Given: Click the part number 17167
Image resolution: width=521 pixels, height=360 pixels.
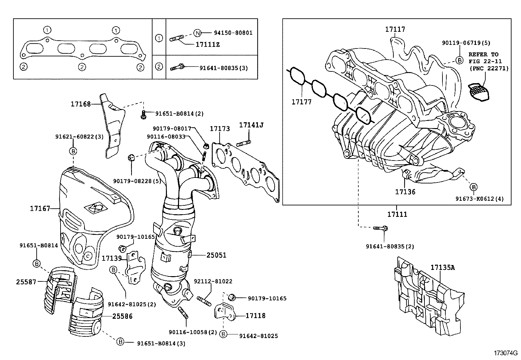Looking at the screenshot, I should [40, 208].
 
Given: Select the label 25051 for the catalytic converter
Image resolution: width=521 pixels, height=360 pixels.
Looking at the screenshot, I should [216, 255].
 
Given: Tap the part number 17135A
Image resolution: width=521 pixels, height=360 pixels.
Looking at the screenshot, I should [442, 268].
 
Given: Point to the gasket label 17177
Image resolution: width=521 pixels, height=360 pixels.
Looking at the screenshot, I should [301, 102].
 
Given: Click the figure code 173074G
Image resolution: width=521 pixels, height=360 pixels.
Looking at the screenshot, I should [506, 353].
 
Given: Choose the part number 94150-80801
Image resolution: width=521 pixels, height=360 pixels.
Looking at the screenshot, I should [233, 33].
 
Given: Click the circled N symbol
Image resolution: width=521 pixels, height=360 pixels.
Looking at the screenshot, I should [197, 33].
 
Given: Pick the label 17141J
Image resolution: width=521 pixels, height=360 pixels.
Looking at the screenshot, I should [251, 125].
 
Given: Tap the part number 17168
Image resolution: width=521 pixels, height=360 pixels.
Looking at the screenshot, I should [81, 104].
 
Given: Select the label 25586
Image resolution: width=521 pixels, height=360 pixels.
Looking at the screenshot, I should [122, 316].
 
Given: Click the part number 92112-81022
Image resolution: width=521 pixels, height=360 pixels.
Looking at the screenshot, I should [213, 281].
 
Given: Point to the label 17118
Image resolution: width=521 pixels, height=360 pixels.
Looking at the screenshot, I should [255, 316].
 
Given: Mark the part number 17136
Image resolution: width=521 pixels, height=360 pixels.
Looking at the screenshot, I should [405, 192].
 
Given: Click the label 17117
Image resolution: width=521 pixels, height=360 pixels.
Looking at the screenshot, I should [395, 29].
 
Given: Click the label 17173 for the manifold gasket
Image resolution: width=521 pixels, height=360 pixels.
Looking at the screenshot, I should [220, 129].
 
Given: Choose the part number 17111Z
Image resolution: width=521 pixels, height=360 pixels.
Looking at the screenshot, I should [207, 44].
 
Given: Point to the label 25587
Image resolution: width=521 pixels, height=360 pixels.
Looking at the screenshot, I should [26, 281].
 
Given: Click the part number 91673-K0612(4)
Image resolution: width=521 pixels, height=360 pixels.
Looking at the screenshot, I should [480, 199].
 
